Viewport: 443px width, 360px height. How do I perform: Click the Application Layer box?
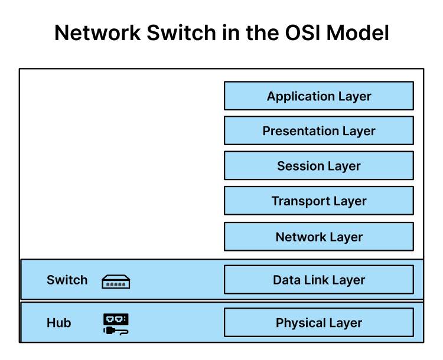coord(318,96)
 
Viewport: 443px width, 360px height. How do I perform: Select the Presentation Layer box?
coord(318,131)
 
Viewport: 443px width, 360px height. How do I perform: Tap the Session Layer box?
coord(318,166)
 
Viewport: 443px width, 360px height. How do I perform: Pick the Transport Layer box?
coord(318,201)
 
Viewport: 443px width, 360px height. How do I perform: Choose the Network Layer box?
coord(318,237)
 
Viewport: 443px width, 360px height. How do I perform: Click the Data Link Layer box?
coord(318,280)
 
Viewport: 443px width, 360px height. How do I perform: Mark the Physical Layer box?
coord(318,323)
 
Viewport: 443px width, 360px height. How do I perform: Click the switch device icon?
coord(116,282)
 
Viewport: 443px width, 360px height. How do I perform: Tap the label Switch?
coord(67,280)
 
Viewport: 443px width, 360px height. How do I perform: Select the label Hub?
coord(58,323)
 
